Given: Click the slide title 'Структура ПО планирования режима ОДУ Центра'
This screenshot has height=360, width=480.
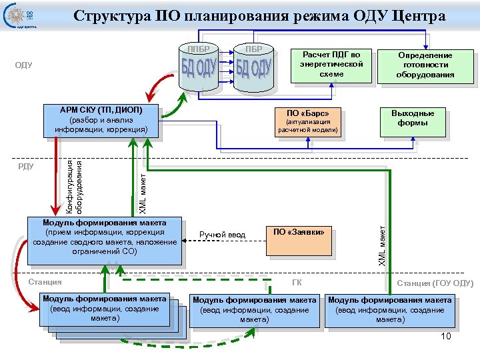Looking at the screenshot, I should point(259,16).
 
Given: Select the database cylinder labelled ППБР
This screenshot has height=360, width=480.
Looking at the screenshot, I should point(198,69).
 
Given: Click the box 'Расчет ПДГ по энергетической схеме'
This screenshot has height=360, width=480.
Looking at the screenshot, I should point(331,65).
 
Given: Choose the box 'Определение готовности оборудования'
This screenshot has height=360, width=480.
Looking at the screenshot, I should point(425,65).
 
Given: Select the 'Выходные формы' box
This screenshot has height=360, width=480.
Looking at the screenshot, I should point(412,119).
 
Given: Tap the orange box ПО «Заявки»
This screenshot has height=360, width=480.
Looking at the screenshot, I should point(299,241).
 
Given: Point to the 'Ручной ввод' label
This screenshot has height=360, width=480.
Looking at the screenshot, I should point(222,235).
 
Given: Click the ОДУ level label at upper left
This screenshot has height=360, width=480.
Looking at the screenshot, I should point(24,65).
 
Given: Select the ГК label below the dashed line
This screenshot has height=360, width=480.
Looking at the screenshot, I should point(297,283).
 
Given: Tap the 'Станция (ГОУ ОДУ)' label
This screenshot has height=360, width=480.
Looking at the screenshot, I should point(434,283).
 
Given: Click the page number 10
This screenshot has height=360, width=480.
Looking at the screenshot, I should point(446,336).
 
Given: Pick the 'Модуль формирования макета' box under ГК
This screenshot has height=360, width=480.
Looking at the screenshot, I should point(254,311).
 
